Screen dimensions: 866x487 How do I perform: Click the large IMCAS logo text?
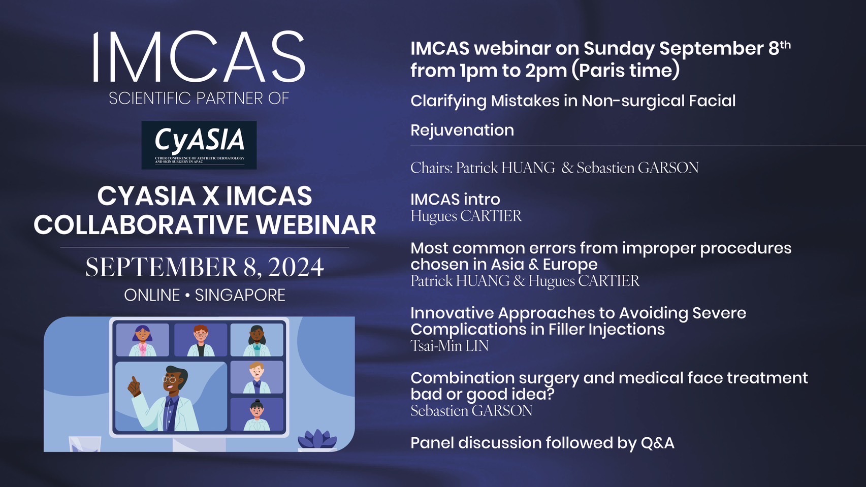tap(199, 56)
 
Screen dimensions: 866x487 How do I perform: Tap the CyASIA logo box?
tap(199, 145)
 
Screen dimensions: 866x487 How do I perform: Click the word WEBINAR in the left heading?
tap(316, 225)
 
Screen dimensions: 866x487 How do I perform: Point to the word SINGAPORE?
tap(240, 295)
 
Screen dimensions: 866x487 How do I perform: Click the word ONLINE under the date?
tap(152, 295)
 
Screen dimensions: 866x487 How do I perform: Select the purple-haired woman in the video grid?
tap(143, 340)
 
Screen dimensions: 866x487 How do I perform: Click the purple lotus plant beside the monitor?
tap(317, 439)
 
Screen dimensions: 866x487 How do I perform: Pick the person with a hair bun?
tap(256, 415)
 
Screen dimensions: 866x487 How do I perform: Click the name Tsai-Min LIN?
tap(450, 345)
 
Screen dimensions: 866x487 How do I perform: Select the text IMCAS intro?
tap(456, 200)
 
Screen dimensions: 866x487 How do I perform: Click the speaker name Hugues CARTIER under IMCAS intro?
tap(466, 216)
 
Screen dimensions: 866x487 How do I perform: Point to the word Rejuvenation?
tap(462, 130)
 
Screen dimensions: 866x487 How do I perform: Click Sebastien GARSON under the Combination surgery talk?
tap(471, 410)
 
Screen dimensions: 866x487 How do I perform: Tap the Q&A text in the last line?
tap(658, 443)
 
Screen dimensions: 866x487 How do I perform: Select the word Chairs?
tap(431, 168)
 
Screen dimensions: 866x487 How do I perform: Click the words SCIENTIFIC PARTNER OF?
tap(199, 99)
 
